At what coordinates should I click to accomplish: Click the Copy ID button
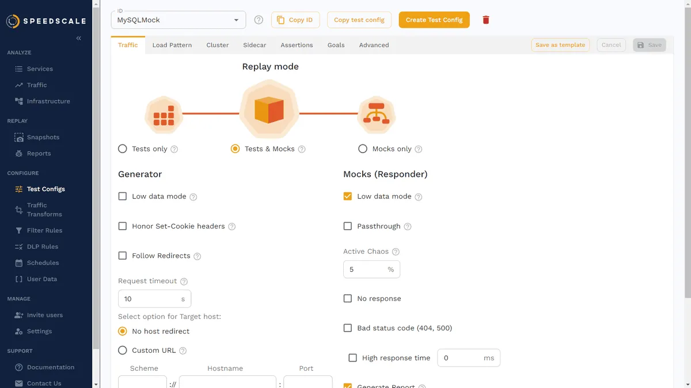[295, 20]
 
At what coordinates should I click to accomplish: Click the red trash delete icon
[486, 20]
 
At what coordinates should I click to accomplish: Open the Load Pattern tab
[172, 45]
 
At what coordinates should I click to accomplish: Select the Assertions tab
[297, 45]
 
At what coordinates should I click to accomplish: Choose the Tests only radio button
[123, 149]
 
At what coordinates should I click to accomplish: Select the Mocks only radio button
[362, 149]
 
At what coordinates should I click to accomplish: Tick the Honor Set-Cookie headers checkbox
[123, 226]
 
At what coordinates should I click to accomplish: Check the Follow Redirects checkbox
[123, 256]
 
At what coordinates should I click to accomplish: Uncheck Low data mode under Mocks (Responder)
[348, 196]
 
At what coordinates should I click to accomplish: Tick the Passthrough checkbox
[348, 226]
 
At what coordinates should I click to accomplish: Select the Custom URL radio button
[123, 351]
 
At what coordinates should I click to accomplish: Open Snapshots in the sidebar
[43, 137]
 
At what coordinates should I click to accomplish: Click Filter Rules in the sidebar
[44, 230]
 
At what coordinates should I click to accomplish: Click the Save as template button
[560, 45]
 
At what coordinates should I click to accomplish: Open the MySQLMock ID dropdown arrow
[236, 20]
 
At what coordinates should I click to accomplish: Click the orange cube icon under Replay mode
[269, 110]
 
